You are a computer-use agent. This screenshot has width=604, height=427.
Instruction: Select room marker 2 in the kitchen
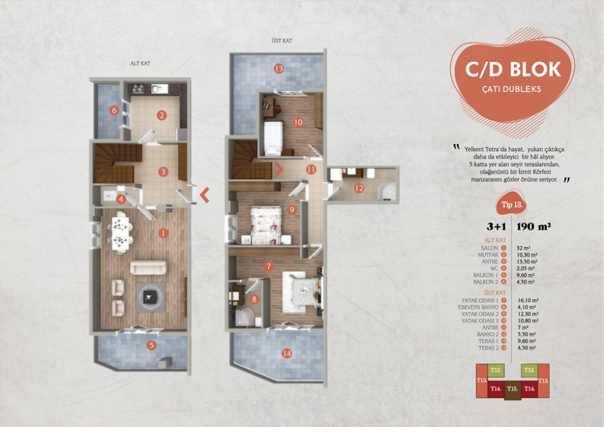click(x=161, y=115)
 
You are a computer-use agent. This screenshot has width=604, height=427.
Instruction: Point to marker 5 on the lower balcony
click(x=152, y=346)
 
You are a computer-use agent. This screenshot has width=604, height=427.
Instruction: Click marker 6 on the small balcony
click(x=113, y=110)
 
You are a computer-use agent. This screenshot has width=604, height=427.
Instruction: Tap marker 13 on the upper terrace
click(x=278, y=68)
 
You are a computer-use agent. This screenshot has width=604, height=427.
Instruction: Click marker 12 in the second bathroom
click(x=359, y=188)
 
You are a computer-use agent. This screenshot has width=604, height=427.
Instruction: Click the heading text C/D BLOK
click(x=513, y=69)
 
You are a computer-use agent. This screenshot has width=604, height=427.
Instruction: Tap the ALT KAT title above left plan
click(x=140, y=62)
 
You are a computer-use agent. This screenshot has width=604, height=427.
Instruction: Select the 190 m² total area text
click(x=536, y=227)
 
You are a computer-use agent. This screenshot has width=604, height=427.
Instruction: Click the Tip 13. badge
click(x=510, y=205)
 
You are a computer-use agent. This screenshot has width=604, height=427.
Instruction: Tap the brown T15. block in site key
click(x=513, y=388)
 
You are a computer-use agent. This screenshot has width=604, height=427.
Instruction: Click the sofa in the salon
click(x=149, y=267)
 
